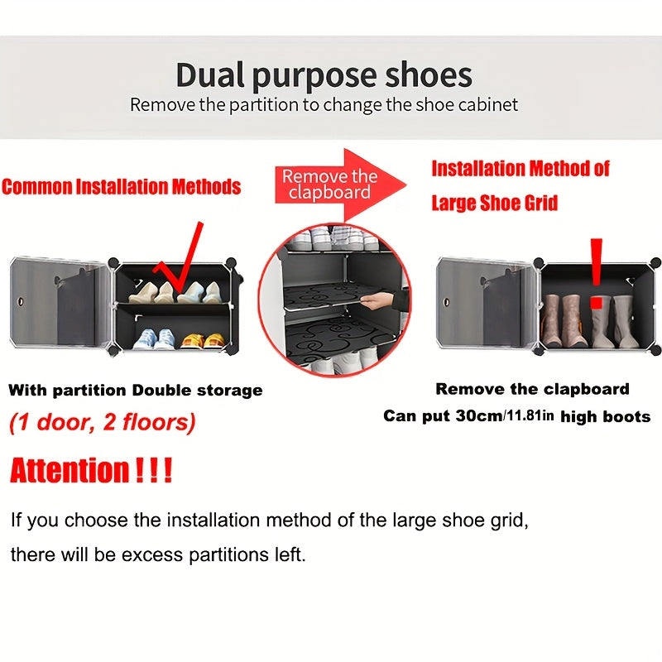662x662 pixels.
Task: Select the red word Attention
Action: [70, 473]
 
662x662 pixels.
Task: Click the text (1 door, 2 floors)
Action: [103, 423]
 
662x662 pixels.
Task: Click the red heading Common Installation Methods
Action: [121, 186]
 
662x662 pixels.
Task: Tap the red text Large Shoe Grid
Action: [495, 203]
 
